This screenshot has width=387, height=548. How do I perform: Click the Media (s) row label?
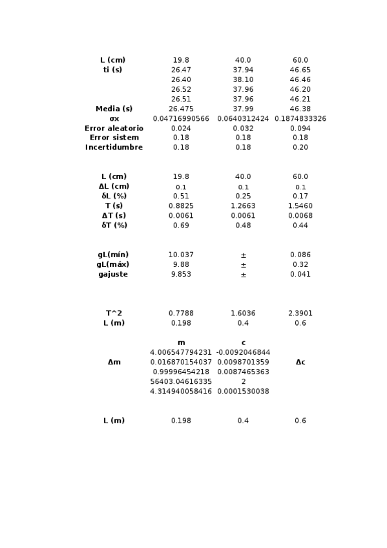pos(114,109)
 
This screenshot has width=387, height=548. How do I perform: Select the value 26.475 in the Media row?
pos(181,109)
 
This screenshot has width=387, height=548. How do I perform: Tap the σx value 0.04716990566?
pos(181,119)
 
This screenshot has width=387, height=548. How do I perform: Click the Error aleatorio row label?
pos(114,129)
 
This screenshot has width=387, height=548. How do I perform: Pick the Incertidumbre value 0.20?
pos(300,148)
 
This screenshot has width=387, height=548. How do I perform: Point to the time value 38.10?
pos(243,80)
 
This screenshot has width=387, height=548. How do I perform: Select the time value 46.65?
pos(300,70)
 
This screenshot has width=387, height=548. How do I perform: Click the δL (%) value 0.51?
pos(181,196)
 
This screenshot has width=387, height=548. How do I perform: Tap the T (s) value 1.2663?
pos(243,206)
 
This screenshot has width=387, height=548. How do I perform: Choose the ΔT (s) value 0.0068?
pos(300,216)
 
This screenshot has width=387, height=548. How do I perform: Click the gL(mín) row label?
pos(114,255)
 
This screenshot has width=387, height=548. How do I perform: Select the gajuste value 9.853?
pos(181,275)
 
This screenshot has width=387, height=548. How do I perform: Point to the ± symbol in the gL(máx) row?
pos(243,265)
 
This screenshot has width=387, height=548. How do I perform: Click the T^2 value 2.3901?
pos(300,313)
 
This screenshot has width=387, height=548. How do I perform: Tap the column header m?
pos(181,342)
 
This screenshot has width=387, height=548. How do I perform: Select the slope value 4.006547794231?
pos(181,352)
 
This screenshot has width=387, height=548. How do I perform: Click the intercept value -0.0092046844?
pos(243,352)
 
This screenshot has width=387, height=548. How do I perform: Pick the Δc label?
pos(300,363)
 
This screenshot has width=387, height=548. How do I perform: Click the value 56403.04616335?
pos(181,382)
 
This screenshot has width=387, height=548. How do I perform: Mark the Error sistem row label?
pos(114,138)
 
